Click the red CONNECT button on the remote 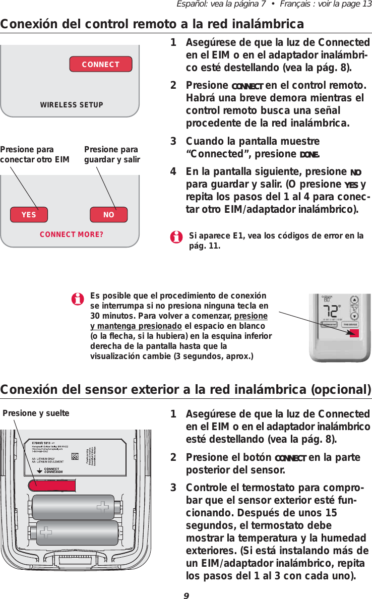click(x=100, y=65)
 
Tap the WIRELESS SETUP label click(x=71, y=105)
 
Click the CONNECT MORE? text click(x=72, y=234)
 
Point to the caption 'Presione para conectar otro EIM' click(x=34, y=155)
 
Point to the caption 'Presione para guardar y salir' click(x=111, y=155)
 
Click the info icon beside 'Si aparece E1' click(x=176, y=237)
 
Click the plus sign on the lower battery click(x=46, y=532)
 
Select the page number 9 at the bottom click(x=186, y=594)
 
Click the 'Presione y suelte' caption click(x=36, y=413)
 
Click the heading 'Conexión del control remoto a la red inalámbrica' click(x=152, y=24)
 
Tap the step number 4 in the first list click(x=173, y=172)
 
